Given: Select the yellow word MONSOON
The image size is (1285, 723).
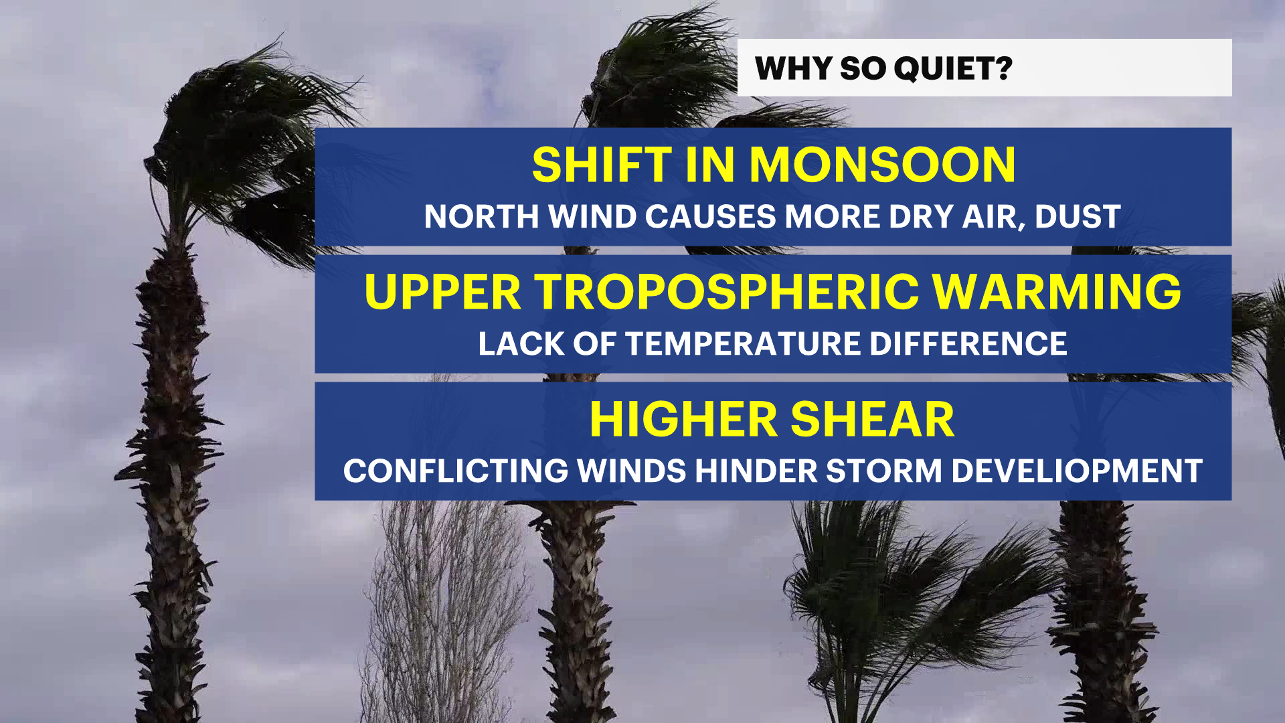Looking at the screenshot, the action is coord(882,165).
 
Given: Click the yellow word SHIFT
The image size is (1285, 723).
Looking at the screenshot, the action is coord(602,165).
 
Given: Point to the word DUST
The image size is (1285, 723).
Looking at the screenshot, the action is coord(1078,217).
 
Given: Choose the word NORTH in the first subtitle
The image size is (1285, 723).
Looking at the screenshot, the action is coord(482,217).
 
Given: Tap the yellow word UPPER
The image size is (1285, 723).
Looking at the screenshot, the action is coord(442,292).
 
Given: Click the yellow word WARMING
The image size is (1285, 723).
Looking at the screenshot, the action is coord(1057,292).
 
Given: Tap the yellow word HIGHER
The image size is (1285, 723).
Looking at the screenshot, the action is coord(683,420).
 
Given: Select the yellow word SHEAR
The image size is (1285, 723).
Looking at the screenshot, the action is coord(873,420).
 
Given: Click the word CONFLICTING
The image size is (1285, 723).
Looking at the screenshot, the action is coord(456,471).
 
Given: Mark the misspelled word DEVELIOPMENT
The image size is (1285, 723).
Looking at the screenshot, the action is coord(1077,471).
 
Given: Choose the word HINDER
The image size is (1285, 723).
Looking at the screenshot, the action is coord(756,471).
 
